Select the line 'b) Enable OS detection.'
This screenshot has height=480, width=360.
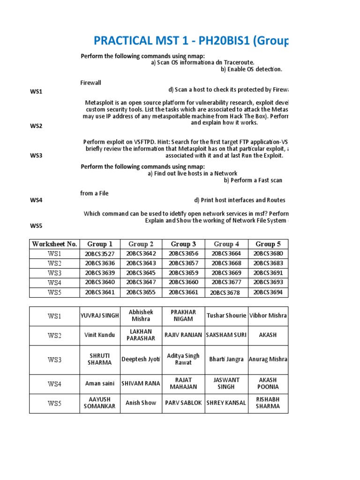(x=251, y=69)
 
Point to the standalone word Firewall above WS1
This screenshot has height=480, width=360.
(x=91, y=82)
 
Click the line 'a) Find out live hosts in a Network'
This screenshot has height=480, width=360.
(x=192, y=173)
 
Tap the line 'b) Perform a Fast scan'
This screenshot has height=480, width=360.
(x=253, y=180)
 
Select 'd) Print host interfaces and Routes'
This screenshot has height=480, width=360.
(x=240, y=200)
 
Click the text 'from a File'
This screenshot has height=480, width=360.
(x=94, y=194)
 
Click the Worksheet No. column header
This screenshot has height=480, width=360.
(x=54, y=244)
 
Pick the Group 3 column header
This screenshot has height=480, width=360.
(x=184, y=244)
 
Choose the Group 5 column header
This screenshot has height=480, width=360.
(x=268, y=244)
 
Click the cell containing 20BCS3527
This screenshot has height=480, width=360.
(x=99, y=254)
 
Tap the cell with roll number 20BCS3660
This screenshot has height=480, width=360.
(x=184, y=282)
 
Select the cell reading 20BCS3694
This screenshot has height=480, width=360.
(x=268, y=292)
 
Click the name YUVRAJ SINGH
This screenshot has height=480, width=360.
(x=99, y=315)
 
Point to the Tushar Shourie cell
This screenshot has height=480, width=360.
(x=226, y=315)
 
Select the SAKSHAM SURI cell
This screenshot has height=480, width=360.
(x=226, y=335)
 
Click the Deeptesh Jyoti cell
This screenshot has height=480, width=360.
(x=141, y=359)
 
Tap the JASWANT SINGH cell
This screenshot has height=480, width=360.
(x=226, y=383)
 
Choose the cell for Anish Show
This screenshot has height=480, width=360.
(x=141, y=403)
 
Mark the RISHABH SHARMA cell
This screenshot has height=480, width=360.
(x=268, y=403)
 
